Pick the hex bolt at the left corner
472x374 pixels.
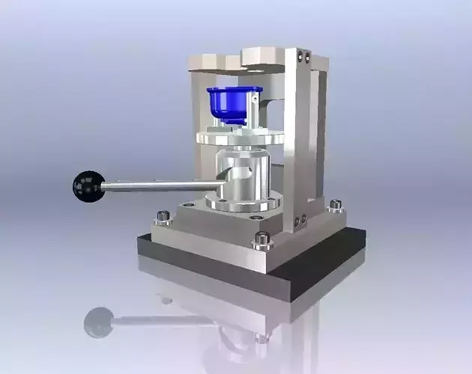coord(162,218)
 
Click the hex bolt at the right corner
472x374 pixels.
coord(335,205)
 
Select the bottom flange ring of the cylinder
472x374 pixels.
coord(243,203)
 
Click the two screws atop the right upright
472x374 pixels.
coord(301,56)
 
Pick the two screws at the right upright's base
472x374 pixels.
coord(301,221)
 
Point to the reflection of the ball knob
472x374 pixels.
coord(97,322)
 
